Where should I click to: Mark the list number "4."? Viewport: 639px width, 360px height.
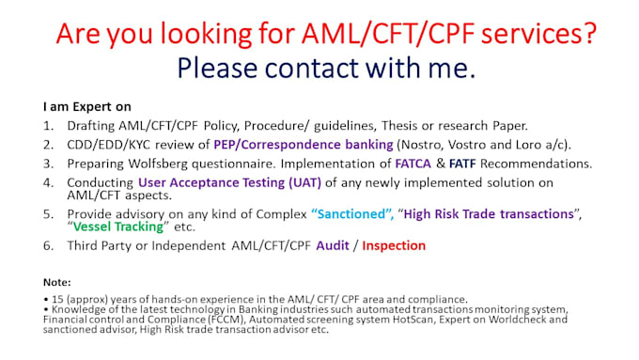tap(49, 181)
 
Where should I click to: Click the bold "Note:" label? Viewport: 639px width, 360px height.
tap(57, 281)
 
